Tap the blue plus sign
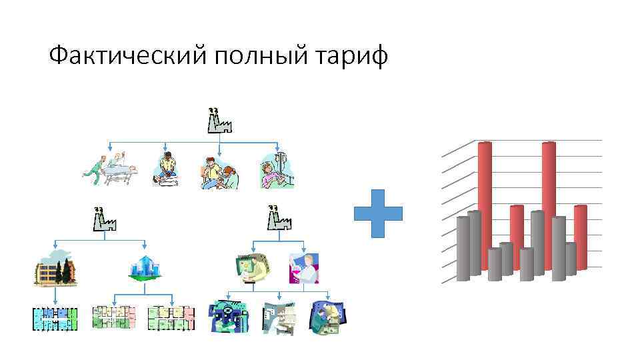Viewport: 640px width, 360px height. [378, 213]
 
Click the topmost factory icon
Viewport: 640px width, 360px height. [219, 121]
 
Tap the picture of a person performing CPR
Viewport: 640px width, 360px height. [167, 170]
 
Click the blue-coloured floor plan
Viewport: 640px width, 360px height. [55, 319]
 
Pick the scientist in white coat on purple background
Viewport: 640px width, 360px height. [303, 268]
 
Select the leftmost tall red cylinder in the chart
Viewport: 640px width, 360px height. [485, 207]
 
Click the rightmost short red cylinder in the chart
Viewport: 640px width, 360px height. [580, 233]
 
